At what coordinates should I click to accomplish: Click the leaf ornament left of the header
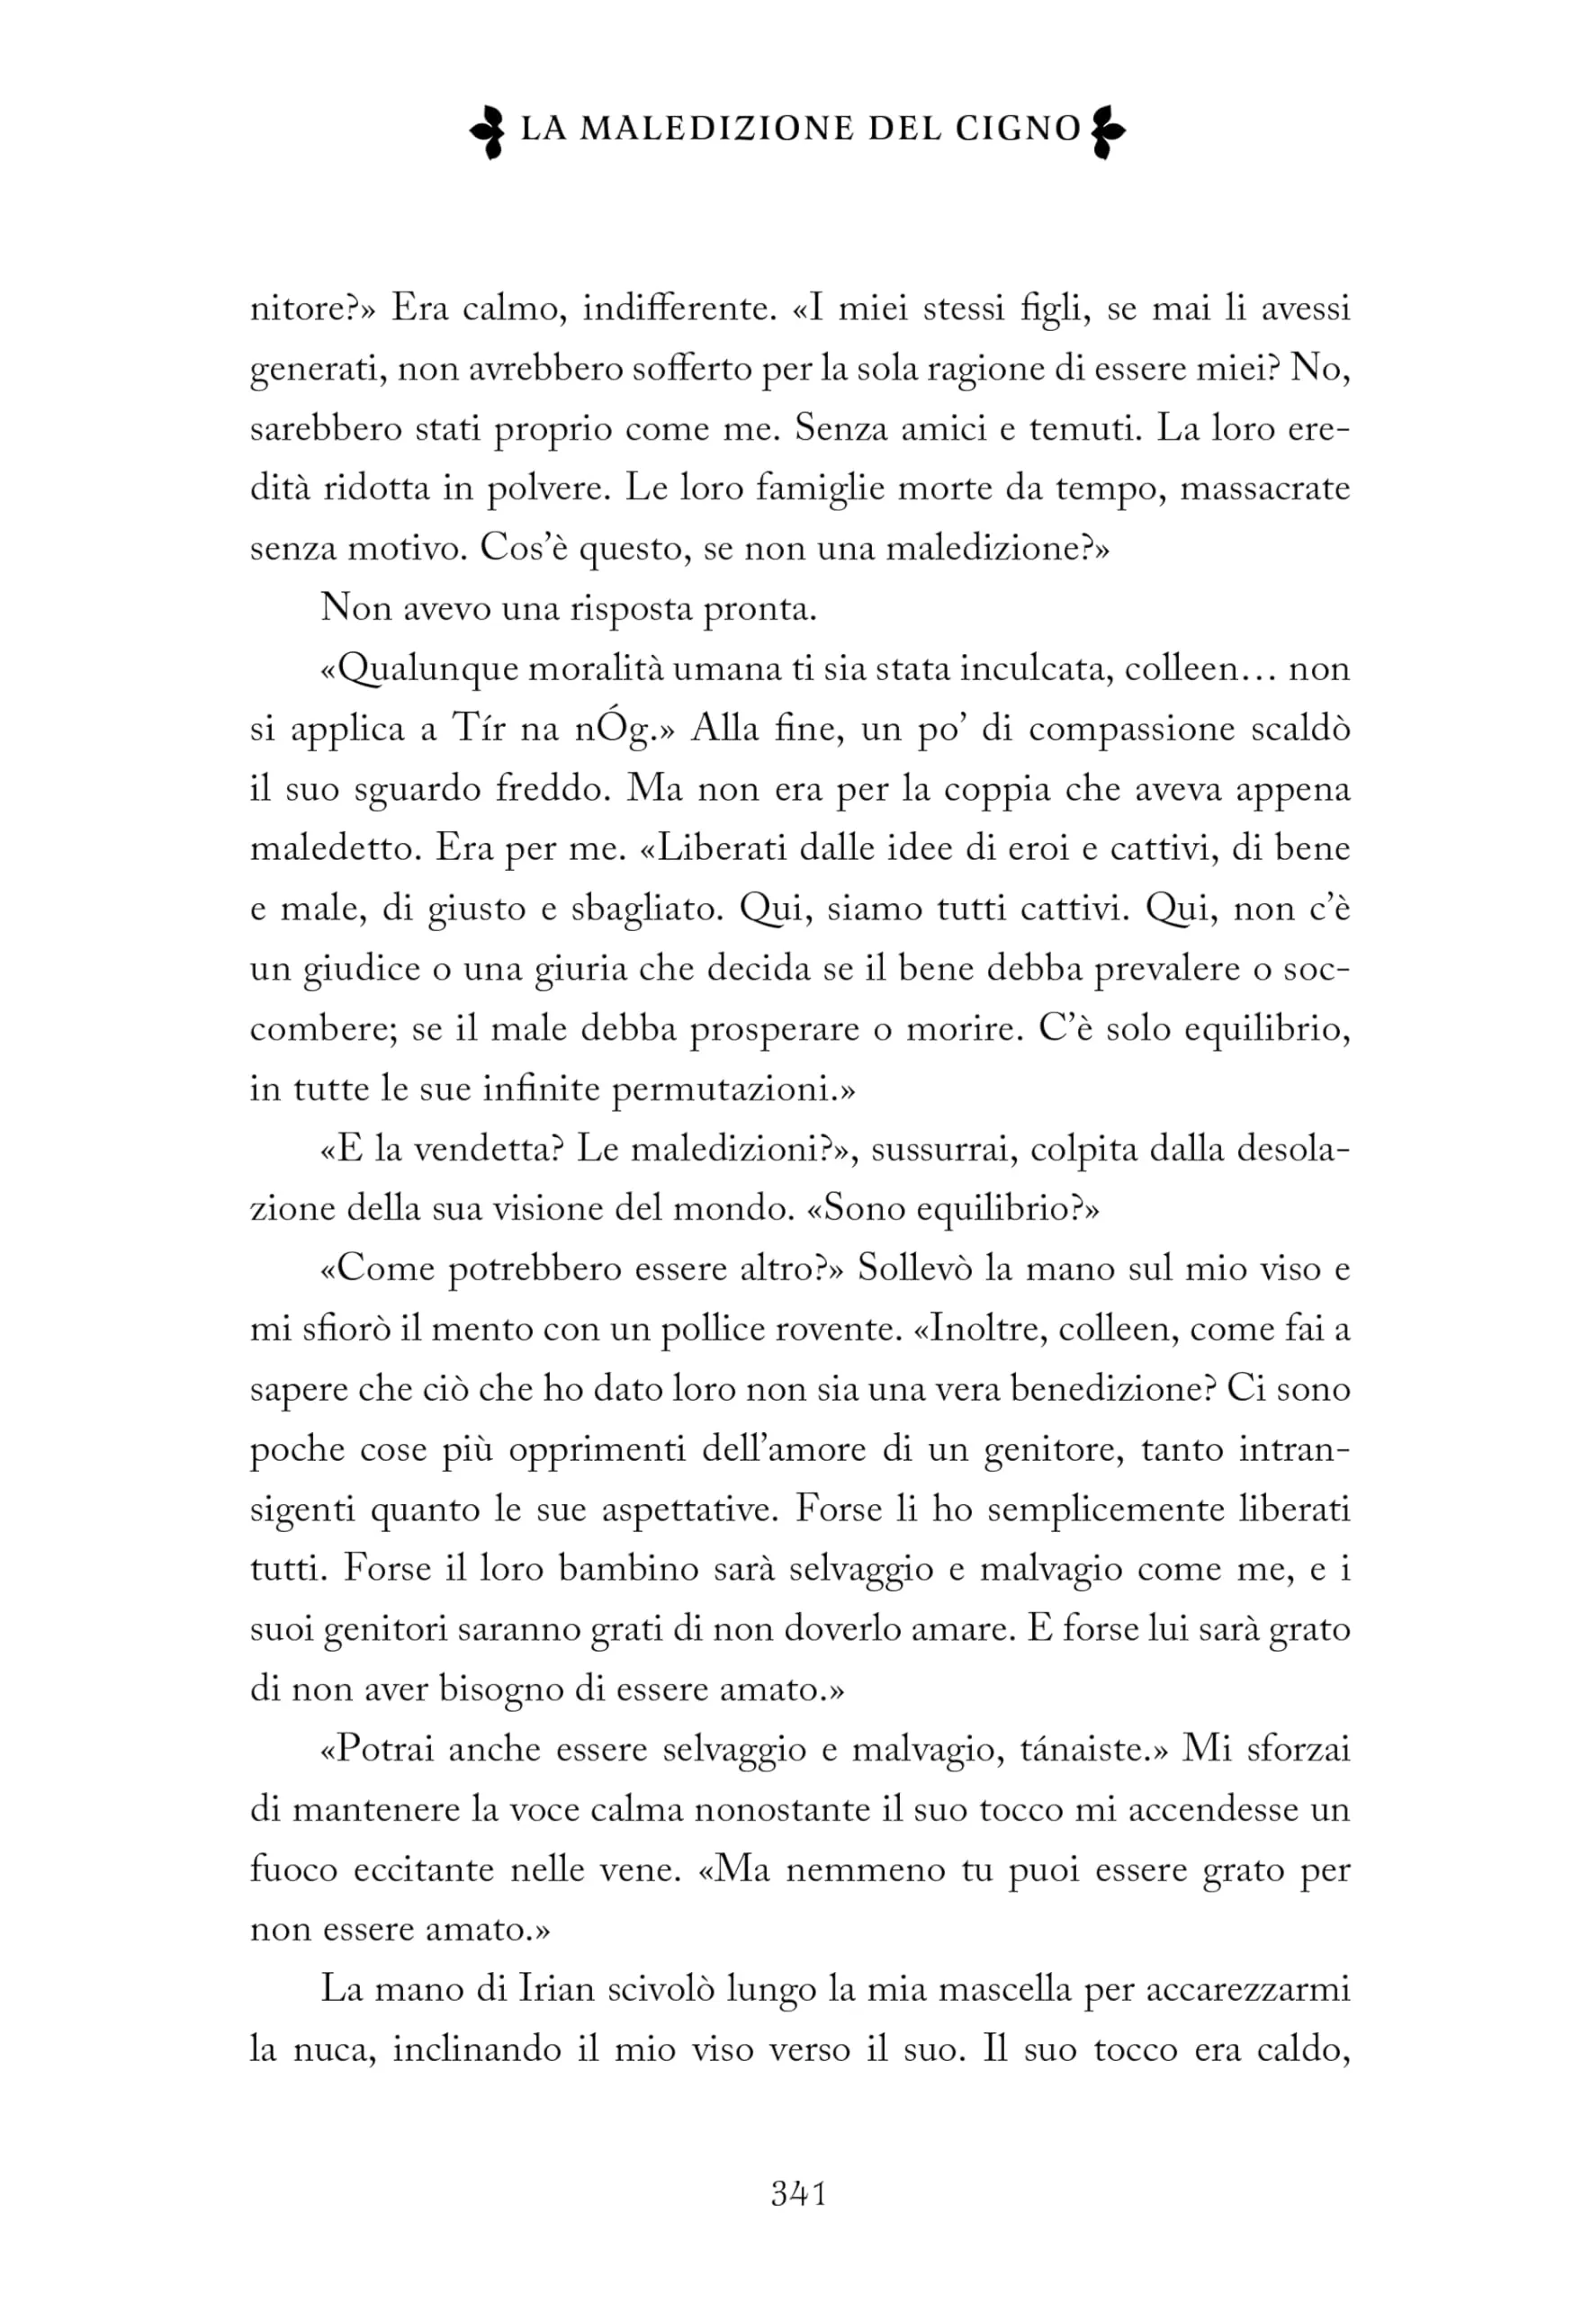coord(490,130)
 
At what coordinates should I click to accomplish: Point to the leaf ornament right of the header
coord(1106,130)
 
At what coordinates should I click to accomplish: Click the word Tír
coord(479,730)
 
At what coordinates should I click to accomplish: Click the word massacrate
coord(1263,488)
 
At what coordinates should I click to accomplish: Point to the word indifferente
coord(677,309)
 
